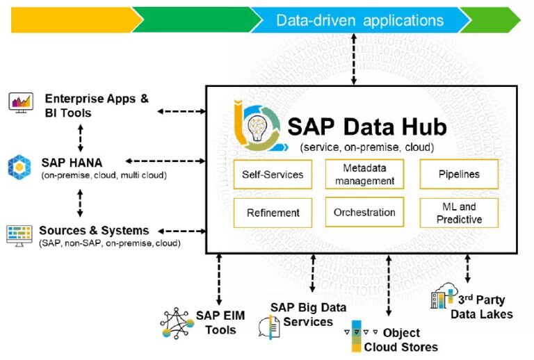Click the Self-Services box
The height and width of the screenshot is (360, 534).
pyautogui.click(x=273, y=174)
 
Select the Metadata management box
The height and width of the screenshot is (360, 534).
pyautogui.click(x=364, y=174)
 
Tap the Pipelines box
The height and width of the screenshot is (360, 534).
pyautogui.click(x=459, y=174)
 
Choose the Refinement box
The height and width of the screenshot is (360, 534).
pyautogui.click(x=273, y=213)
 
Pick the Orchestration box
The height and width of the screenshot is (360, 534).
pyautogui.click(x=364, y=213)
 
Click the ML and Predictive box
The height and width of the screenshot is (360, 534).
pyautogui.click(x=459, y=213)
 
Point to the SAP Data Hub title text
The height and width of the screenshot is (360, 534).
pyautogui.click(x=367, y=126)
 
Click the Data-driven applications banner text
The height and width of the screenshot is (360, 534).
pyautogui.click(x=359, y=20)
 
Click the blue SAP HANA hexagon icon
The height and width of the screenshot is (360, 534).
pyautogui.click(x=19, y=167)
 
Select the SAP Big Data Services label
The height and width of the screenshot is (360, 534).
pyautogui.click(x=302, y=314)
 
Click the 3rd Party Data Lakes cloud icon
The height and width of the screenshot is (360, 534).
pyautogui.click(x=443, y=297)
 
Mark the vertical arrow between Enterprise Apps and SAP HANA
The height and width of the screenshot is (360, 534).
pyautogui.click(x=81, y=137)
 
